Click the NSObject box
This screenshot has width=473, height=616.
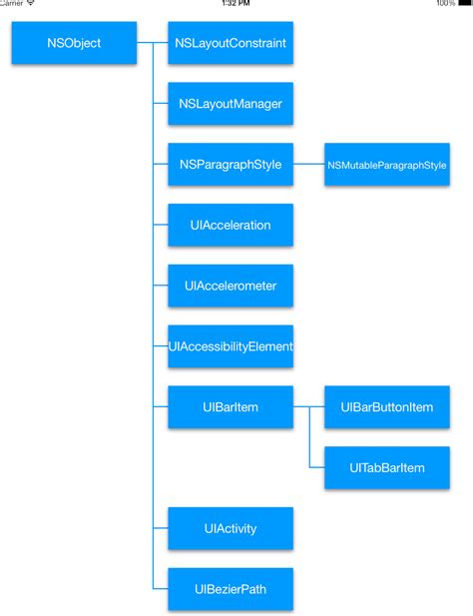[x=74, y=43]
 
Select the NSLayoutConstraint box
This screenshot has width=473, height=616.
[x=231, y=43]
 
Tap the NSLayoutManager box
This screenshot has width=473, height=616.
[x=231, y=104]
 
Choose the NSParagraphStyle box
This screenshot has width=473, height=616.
[x=231, y=165]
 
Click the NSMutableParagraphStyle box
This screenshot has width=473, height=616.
[x=386, y=165]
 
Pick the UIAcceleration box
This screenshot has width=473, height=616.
[x=231, y=226]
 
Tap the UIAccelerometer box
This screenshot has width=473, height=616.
[x=231, y=286]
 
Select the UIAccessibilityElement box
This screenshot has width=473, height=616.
[x=231, y=346]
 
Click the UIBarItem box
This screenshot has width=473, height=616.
[x=231, y=407]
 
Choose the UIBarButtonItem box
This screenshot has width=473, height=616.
[x=386, y=407]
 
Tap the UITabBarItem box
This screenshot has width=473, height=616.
[x=386, y=468]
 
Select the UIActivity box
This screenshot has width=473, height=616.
[x=231, y=528]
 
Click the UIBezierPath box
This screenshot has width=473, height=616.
[x=231, y=589]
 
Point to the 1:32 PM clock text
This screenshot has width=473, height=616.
[x=236, y=4]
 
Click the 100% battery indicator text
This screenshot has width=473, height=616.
[x=445, y=4]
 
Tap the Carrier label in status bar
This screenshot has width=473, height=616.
[x=10, y=4]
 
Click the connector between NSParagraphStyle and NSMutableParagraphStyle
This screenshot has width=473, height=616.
[x=308, y=165]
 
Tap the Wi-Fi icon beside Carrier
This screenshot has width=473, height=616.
[x=31, y=4]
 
